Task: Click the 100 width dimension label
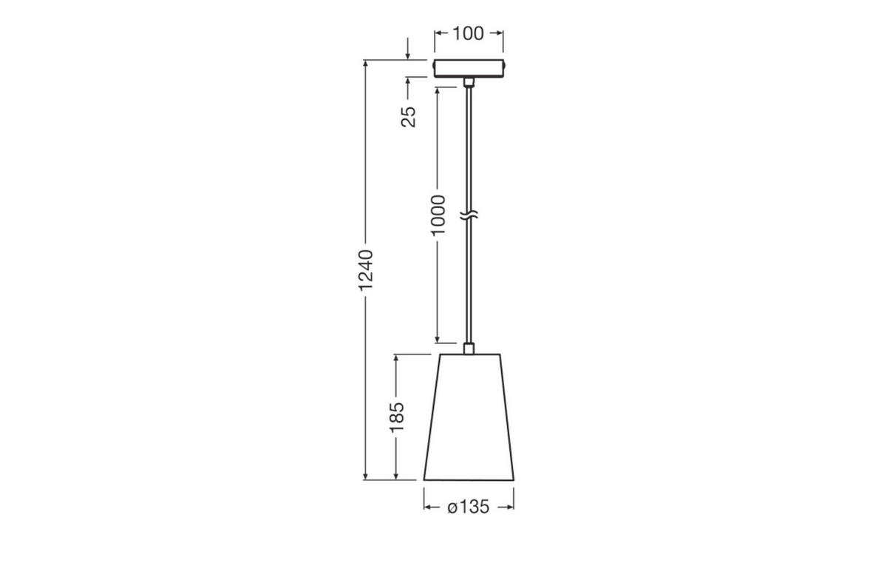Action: (x=468, y=33)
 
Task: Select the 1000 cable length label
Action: (x=438, y=215)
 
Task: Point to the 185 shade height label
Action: (x=397, y=417)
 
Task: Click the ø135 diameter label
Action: (x=469, y=508)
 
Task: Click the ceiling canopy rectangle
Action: (x=468, y=68)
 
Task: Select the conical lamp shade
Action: (x=469, y=417)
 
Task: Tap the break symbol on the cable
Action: (x=469, y=216)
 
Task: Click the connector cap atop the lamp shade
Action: (x=468, y=348)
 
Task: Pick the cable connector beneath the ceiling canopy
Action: (x=468, y=81)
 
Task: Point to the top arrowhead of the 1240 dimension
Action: (x=366, y=65)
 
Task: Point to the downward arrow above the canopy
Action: (x=408, y=54)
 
